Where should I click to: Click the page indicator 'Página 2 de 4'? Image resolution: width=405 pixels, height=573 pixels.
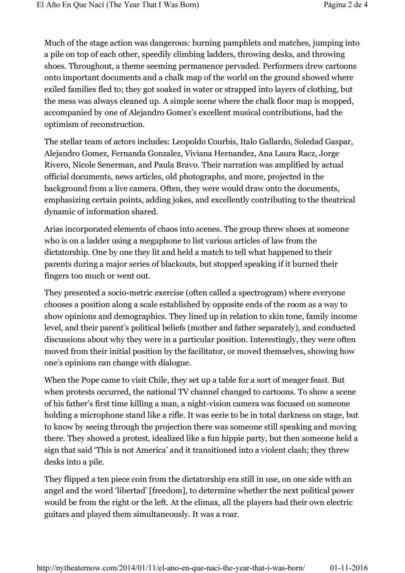point(346,5)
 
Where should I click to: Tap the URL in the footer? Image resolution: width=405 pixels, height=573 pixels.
point(170,568)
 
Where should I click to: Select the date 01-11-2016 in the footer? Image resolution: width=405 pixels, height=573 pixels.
point(348,568)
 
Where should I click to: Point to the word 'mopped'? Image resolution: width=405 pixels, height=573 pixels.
point(339,101)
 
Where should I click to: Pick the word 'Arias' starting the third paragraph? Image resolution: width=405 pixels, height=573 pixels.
point(54,229)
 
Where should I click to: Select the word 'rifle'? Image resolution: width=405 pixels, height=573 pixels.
point(162,415)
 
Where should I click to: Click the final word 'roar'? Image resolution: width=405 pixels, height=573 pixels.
point(230,514)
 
